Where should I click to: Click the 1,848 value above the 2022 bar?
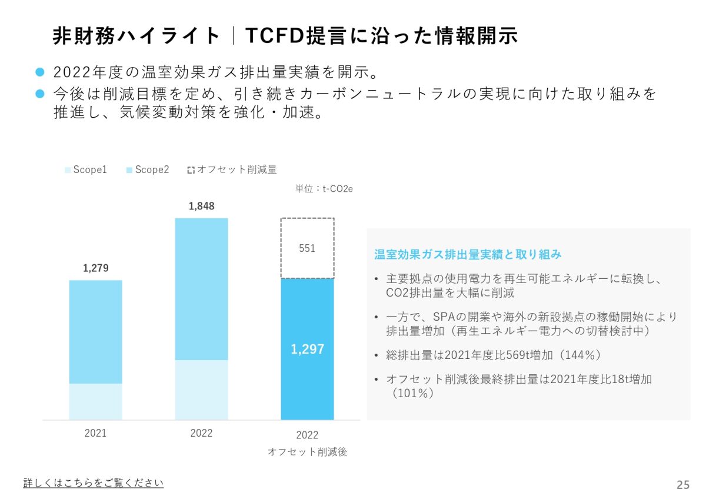tap(201, 206)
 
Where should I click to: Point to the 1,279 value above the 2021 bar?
tap(95, 268)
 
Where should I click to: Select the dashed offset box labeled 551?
tap(307, 248)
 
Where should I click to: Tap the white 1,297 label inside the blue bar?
tap(307, 349)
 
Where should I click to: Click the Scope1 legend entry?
tap(86, 169)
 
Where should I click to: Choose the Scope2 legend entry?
tap(148, 169)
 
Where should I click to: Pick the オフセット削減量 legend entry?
tap(232, 169)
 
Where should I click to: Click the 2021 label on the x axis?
tap(95, 434)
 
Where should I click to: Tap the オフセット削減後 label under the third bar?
tap(307, 452)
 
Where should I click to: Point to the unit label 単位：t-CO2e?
tap(324, 189)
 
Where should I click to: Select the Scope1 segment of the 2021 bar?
tap(95, 401)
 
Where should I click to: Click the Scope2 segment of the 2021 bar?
tap(95, 331)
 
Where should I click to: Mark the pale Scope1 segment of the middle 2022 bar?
tap(201, 390)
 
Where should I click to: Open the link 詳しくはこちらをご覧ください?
tap(94, 483)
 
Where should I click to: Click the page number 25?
tap(683, 485)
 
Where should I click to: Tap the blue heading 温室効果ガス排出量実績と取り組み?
tap(468, 254)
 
